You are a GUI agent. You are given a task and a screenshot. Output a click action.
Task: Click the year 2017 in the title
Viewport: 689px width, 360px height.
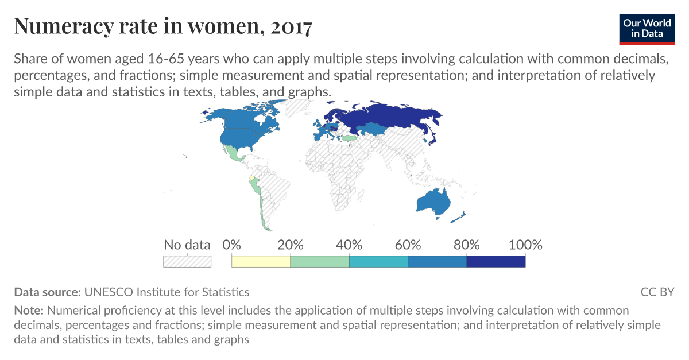(x=291, y=26)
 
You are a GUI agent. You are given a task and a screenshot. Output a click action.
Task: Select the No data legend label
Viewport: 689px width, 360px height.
(x=187, y=245)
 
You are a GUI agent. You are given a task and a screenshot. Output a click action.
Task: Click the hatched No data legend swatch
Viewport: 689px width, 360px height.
(x=187, y=261)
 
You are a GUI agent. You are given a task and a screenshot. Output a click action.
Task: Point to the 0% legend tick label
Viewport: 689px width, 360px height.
(x=231, y=245)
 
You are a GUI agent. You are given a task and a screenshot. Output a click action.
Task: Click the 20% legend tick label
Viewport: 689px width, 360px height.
(x=291, y=245)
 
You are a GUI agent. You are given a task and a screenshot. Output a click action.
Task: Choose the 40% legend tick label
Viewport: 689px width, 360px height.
(x=349, y=245)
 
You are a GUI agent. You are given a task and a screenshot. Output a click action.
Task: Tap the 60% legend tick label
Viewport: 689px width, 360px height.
(x=408, y=245)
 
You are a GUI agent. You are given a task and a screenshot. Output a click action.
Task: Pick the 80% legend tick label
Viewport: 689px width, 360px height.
(x=466, y=245)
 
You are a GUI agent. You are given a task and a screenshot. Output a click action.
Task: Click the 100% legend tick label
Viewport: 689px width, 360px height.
(x=525, y=245)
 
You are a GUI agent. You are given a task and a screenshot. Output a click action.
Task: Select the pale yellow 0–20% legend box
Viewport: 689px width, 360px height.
(x=261, y=261)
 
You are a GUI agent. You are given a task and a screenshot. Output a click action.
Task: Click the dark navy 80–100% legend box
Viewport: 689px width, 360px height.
(x=496, y=261)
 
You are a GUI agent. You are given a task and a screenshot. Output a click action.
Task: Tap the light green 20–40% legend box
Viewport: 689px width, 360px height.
(x=320, y=261)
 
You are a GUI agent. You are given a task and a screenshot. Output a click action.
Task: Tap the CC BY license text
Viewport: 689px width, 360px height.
(x=657, y=292)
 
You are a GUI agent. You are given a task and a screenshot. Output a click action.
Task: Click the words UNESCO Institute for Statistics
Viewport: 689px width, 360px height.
(x=167, y=292)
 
